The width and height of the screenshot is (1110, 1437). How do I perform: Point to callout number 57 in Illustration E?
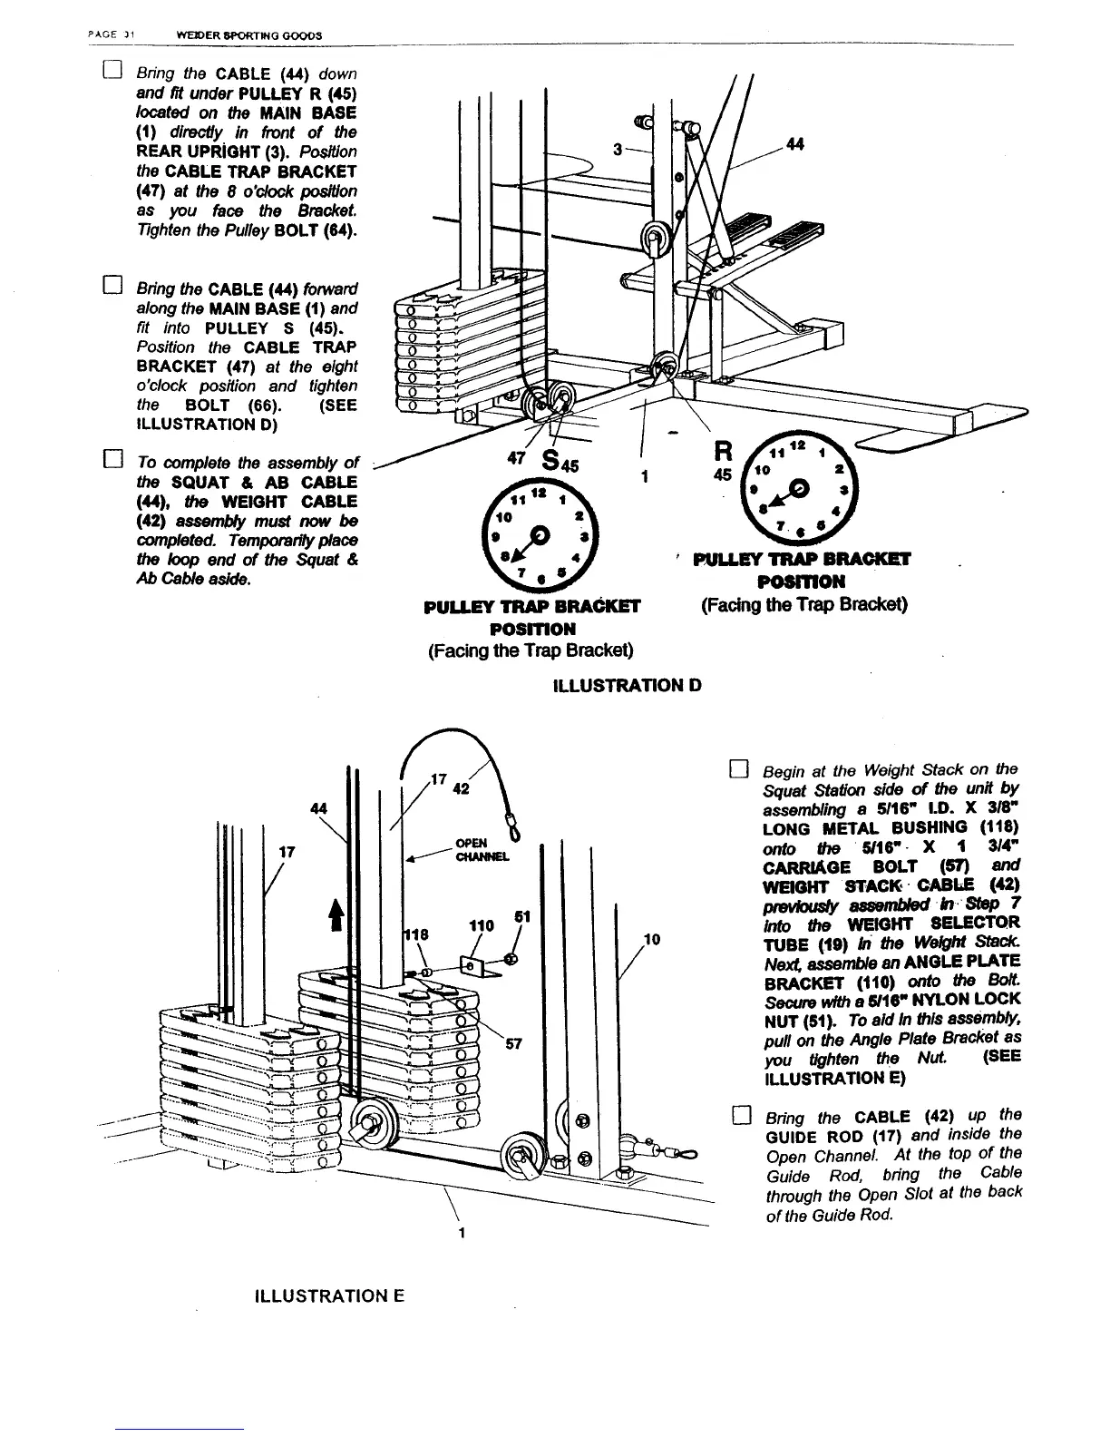(513, 1043)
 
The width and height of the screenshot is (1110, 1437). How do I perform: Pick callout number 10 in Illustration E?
(651, 939)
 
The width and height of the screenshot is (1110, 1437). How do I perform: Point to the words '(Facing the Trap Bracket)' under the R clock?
(804, 603)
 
